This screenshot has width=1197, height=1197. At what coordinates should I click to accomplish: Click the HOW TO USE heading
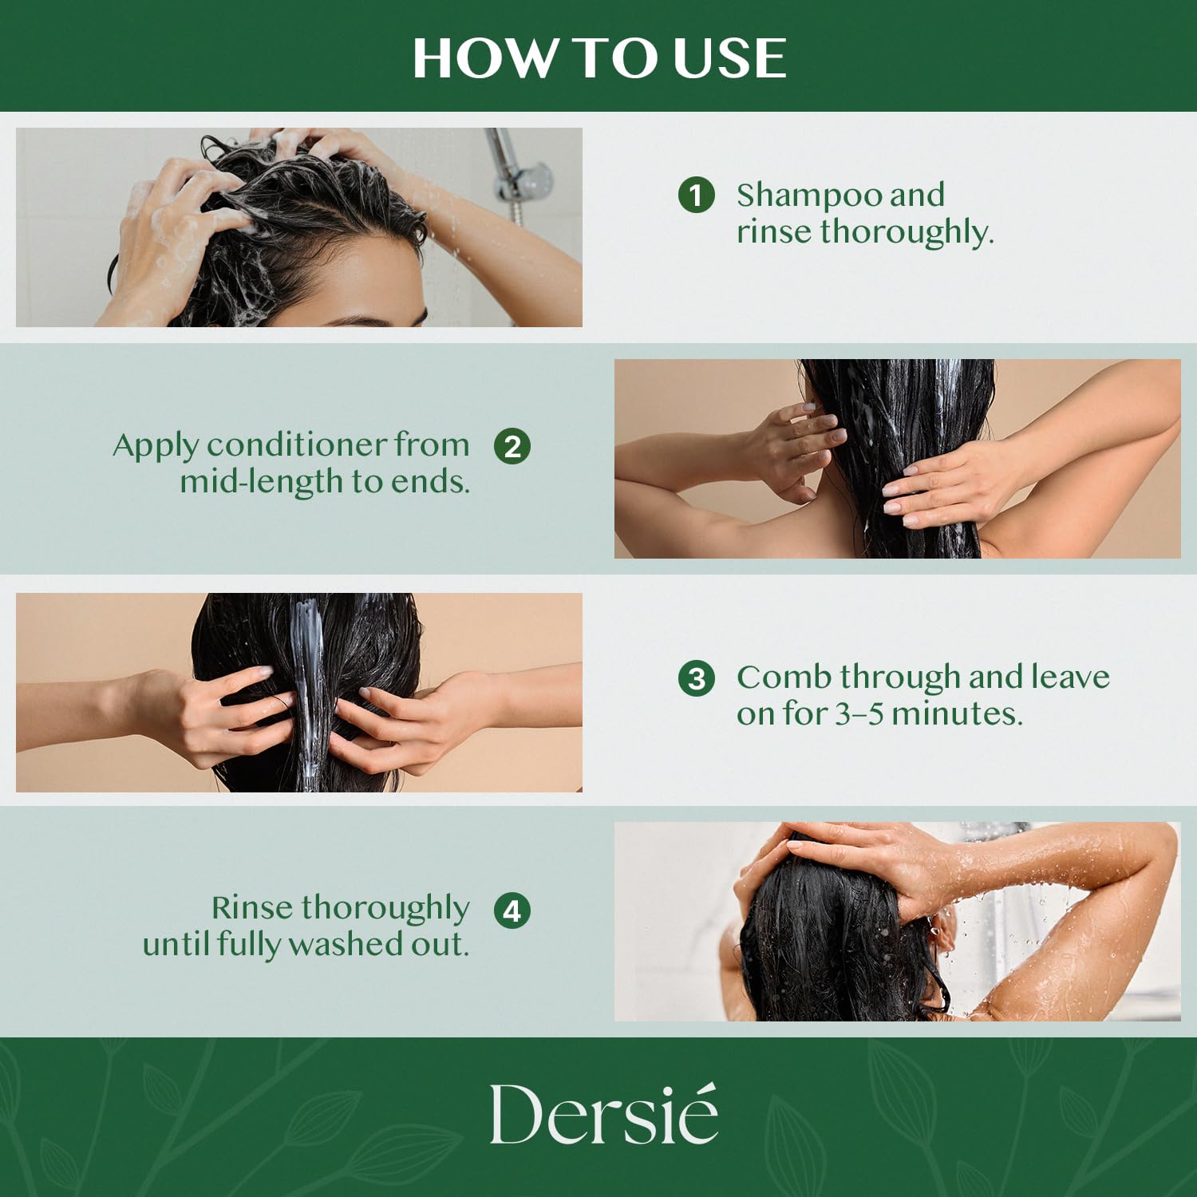click(x=598, y=58)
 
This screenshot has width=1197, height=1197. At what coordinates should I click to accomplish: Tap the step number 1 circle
click(x=696, y=196)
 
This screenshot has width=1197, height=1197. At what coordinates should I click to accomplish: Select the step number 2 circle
click(x=512, y=446)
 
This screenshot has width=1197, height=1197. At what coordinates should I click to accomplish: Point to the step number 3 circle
click(x=696, y=678)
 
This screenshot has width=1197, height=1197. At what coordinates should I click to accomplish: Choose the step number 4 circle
click(x=512, y=911)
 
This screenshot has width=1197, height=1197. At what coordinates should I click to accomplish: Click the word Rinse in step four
click(x=251, y=907)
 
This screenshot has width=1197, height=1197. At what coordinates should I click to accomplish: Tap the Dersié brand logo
click(x=603, y=1115)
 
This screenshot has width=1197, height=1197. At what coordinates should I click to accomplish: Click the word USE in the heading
click(x=729, y=58)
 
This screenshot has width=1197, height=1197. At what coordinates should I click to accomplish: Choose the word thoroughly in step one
click(x=907, y=232)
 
